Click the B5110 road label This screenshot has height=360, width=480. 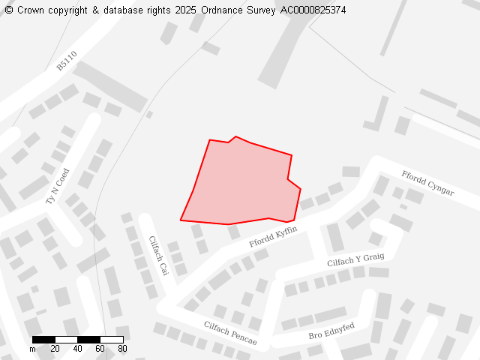[x=67, y=61]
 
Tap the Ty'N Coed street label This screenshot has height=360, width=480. [x=57, y=187]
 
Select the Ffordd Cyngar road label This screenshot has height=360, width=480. [x=427, y=182]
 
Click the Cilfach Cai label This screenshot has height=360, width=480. [x=158, y=256]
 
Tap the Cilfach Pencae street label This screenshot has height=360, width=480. [x=230, y=333]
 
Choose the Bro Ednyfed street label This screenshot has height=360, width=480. [x=331, y=331]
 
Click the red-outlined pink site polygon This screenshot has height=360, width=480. [x=240, y=184]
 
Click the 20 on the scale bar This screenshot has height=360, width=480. [x=55, y=349]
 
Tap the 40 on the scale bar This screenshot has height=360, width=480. [x=78, y=349]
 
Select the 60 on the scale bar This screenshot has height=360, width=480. [x=100, y=349]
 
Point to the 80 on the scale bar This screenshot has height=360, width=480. [x=122, y=349]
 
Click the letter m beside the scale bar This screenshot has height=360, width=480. [x=32, y=349]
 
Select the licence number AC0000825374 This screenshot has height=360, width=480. [x=313, y=10]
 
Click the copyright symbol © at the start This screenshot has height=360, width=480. [x=9, y=10]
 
